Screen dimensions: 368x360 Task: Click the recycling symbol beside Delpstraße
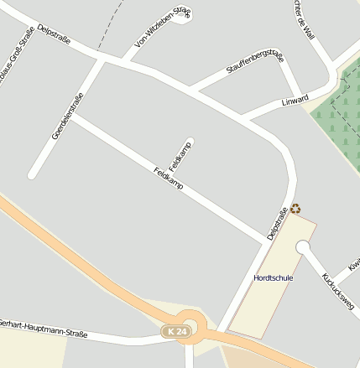pos(295,209)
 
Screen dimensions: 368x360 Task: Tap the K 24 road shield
pos(176,333)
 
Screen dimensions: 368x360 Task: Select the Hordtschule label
pos(273,277)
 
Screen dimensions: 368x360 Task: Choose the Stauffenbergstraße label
pos(255,66)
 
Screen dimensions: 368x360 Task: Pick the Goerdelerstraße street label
pos(67,116)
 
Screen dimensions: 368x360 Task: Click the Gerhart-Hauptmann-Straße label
pos(44,328)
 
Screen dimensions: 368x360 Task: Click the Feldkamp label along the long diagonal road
pos(168,178)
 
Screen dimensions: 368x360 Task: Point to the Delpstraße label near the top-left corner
pos(55,34)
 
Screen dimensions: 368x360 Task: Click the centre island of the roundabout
pos(190,322)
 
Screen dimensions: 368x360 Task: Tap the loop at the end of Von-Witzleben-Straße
pos(182,16)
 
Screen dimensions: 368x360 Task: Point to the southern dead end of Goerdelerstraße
pos(33,174)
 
